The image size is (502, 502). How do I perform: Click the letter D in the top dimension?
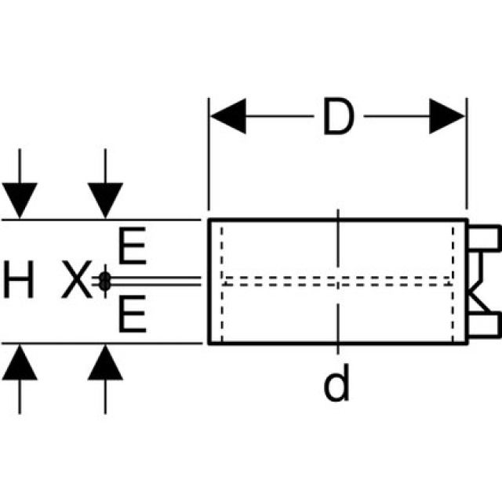click(337, 117)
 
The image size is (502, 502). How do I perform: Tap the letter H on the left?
click(19, 282)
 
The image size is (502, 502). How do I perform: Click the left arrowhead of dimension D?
click(227, 117)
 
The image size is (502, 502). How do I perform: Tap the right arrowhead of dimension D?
click(447, 117)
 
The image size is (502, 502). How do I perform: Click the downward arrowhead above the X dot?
click(104, 200)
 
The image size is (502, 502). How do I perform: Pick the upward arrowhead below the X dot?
click(104, 362)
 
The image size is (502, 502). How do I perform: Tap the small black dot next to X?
click(104, 282)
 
